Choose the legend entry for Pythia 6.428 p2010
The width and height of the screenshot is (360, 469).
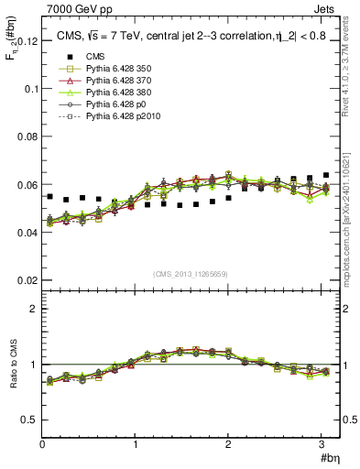111,117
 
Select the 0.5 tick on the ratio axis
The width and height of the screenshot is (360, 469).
29,420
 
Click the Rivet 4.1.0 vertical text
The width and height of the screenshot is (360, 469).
348,64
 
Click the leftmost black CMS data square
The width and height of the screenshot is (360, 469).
50,197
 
